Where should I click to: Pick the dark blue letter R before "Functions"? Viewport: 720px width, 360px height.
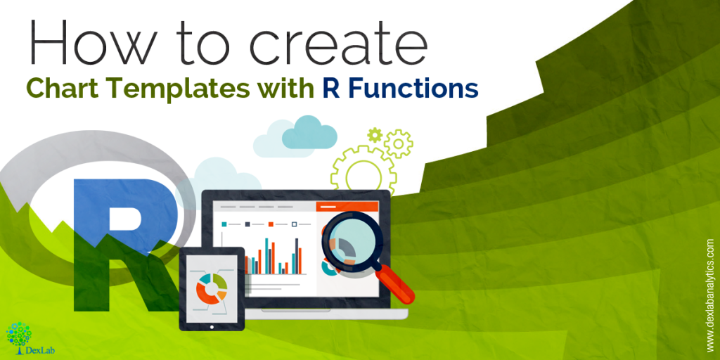[330, 88]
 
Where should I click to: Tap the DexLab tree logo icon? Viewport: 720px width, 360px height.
[18, 334]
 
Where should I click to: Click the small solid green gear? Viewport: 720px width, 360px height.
[375, 134]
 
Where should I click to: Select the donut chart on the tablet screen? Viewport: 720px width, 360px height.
[212, 288]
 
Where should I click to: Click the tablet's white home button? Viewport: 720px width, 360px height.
[212, 328]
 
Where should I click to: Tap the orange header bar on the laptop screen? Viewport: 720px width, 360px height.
[347, 207]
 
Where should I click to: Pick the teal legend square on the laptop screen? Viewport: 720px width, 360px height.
[224, 224]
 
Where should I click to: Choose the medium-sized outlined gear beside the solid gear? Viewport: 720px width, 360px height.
[398, 143]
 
